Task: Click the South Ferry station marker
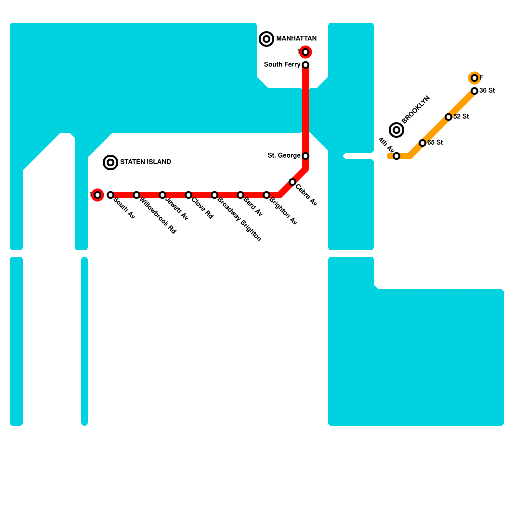click(305, 65)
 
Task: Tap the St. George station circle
click(305, 156)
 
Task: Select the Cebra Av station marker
click(292, 182)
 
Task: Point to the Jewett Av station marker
click(162, 195)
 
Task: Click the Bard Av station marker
click(240, 195)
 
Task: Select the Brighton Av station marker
click(266, 195)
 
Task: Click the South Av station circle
click(110, 195)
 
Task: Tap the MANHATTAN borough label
click(296, 39)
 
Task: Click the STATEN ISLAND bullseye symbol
click(110, 162)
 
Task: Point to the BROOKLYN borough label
click(416, 110)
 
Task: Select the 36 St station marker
click(474, 91)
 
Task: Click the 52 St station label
click(461, 117)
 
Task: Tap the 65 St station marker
click(422, 143)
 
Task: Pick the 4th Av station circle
click(396, 156)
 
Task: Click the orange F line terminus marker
click(474, 78)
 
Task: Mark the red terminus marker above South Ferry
click(305, 52)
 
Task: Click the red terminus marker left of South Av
click(97, 195)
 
